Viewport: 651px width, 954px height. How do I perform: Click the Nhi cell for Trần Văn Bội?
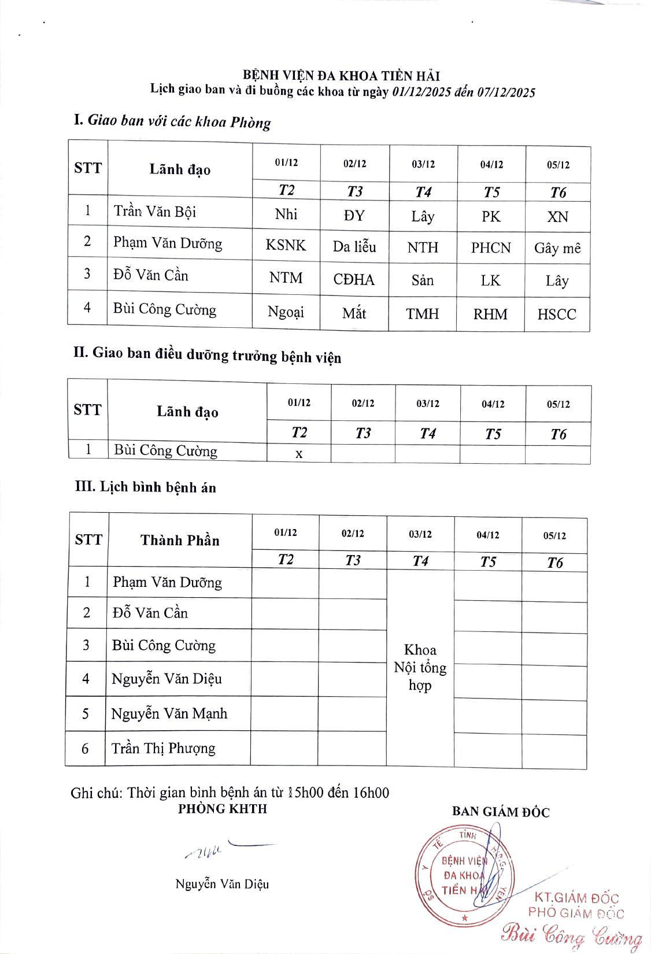tap(286, 214)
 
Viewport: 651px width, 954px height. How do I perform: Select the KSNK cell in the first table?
tap(286, 245)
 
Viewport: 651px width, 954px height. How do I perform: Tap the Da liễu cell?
tap(354, 247)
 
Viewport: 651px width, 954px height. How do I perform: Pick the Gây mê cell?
tap(557, 248)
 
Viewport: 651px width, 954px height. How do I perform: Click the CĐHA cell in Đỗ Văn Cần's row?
tap(354, 280)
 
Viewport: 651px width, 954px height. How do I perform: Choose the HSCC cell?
tap(557, 315)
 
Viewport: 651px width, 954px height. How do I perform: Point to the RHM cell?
tap(490, 315)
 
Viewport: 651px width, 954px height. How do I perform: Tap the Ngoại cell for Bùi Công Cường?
tap(286, 312)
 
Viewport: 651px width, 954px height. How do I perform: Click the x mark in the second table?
tap(299, 454)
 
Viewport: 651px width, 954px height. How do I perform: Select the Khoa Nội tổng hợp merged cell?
tap(420, 668)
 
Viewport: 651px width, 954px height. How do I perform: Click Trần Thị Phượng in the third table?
tap(164, 748)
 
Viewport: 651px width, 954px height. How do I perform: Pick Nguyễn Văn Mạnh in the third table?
tap(169, 713)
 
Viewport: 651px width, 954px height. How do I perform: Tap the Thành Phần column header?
tap(180, 541)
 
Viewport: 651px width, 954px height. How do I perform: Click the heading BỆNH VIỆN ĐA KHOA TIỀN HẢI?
tap(342, 76)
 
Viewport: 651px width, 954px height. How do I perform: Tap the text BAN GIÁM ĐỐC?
tap(501, 812)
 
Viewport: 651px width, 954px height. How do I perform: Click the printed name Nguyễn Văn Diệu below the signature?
tap(222, 884)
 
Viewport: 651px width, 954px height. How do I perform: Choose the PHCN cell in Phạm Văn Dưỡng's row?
tap(491, 248)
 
